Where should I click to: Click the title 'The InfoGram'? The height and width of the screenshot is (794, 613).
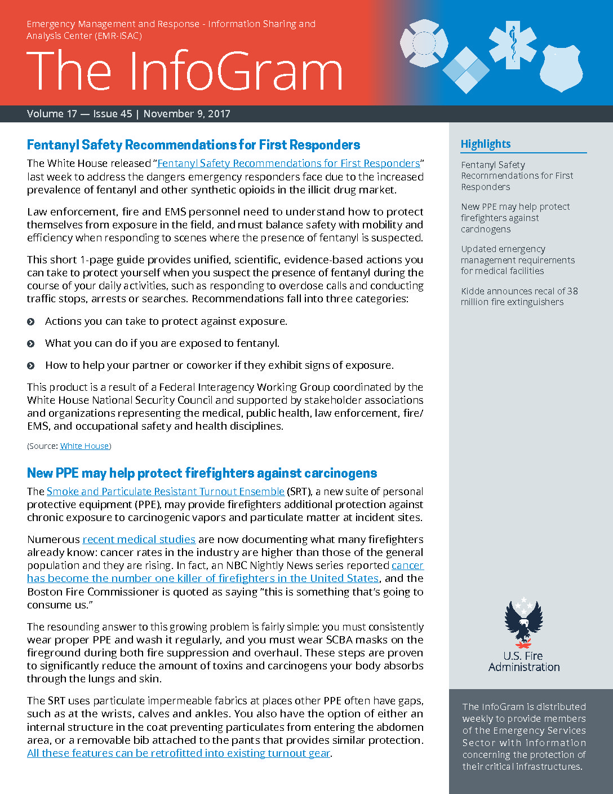tap(184, 71)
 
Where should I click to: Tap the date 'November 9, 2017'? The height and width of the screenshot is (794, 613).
tap(186, 114)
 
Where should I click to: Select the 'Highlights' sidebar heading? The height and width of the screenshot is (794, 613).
tap(486, 144)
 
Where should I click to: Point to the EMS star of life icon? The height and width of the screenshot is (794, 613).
tap(513, 45)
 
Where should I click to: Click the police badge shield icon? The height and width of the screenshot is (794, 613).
tap(561, 68)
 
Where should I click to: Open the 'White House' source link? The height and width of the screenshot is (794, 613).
tap(85, 446)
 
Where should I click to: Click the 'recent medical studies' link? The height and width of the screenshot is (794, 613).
tap(139, 540)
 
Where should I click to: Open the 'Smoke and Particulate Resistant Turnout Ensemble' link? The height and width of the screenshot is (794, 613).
tap(166, 492)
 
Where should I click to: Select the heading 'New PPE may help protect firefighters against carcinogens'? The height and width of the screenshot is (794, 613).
tap(202, 473)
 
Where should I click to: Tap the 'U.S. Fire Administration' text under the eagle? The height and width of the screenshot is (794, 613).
tap(524, 661)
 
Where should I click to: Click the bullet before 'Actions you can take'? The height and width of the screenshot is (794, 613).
tap(31, 321)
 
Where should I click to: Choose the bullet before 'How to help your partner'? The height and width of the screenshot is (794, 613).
tap(31, 365)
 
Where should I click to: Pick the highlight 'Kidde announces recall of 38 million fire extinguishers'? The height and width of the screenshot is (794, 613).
tap(519, 297)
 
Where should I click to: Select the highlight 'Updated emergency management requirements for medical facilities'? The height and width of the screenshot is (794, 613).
tap(518, 260)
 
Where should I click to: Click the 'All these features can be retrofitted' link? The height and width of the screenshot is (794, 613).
tap(178, 753)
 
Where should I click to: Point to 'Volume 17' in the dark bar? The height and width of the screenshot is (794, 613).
tap(52, 114)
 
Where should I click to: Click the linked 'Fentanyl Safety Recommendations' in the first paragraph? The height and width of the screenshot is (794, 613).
tap(288, 164)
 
